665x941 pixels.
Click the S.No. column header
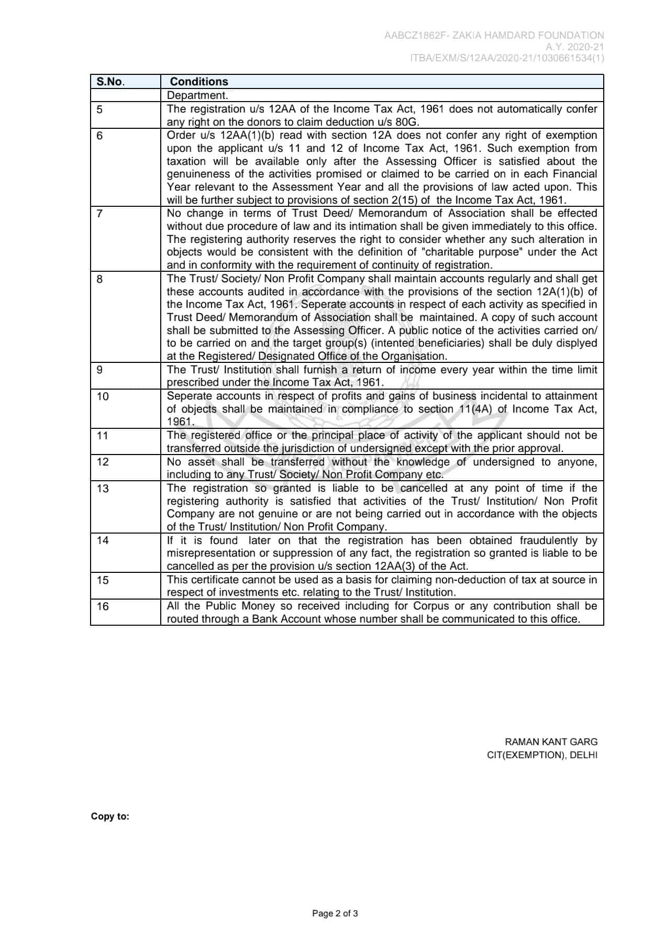110,82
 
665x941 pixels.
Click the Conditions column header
199,82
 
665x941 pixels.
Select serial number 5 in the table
100,109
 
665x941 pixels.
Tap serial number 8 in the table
100,279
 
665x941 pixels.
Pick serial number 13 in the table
103,489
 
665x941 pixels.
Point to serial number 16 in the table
103,606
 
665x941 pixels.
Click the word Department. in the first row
197,96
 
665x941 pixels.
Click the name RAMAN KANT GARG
551,742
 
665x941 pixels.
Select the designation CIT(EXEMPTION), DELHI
542,755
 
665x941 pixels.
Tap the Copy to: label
110,816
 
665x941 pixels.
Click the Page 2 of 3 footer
335,914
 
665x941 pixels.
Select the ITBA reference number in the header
507,58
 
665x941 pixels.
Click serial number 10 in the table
103,397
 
